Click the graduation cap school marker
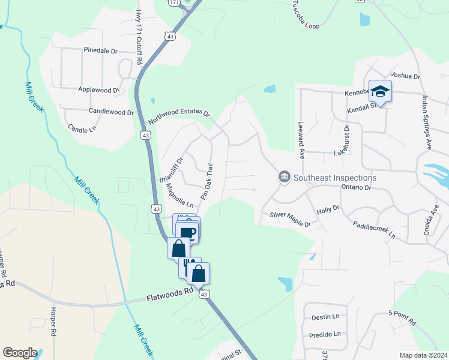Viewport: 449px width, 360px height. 380,92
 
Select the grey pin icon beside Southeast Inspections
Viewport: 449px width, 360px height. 283,178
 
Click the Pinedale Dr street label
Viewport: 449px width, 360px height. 100,51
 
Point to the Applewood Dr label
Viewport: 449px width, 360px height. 99,89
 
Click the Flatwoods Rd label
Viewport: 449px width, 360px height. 171,293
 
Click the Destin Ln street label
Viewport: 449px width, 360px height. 325,316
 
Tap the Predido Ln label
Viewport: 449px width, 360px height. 325,334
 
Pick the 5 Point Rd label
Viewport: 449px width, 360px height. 402,317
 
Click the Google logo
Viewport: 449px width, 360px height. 20,352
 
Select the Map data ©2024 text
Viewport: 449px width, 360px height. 423,355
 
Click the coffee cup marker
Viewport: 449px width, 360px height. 188,232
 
